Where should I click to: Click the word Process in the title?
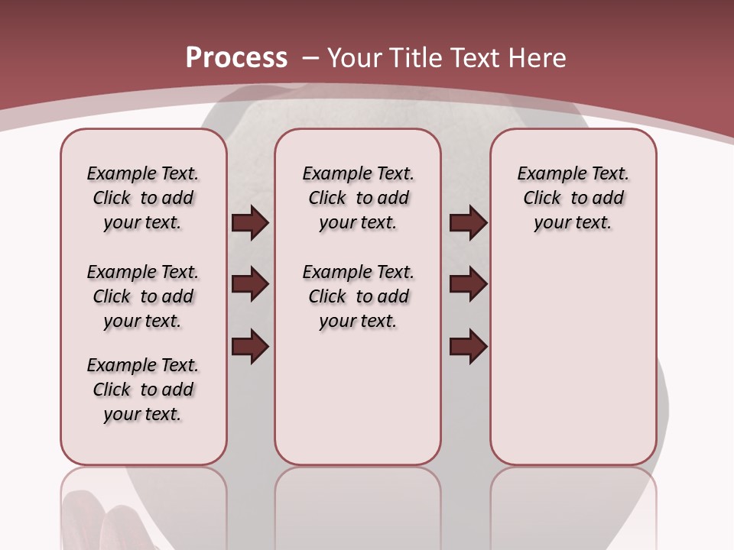click(x=236, y=58)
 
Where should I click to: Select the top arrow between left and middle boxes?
click(x=250, y=222)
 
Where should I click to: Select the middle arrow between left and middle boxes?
click(x=250, y=284)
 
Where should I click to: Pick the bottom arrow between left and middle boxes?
click(x=250, y=346)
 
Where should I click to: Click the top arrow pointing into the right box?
click(x=468, y=222)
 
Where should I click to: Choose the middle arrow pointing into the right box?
click(x=468, y=284)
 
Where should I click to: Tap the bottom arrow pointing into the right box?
click(x=468, y=346)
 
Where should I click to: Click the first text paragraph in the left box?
click(x=143, y=198)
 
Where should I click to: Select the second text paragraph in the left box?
click(x=143, y=296)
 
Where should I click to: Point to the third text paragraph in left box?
click(x=143, y=390)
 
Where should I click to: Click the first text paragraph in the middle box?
click(x=358, y=198)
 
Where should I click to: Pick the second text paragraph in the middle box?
click(x=358, y=296)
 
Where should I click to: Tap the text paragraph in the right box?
click(x=573, y=198)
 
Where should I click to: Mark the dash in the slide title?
click(x=310, y=58)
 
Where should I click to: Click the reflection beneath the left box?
click(x=144, y=504)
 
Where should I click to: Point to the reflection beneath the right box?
click(x=573, y=504)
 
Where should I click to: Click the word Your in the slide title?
click(x=355, y=58)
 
